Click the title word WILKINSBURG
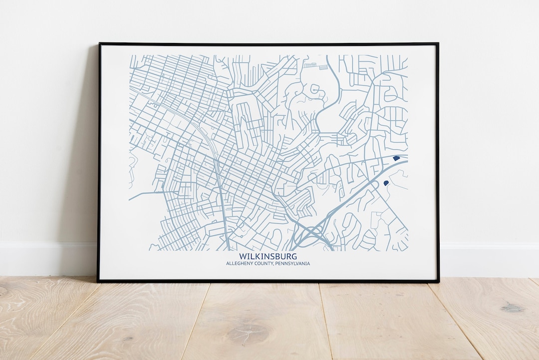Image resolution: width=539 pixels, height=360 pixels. [268, 257]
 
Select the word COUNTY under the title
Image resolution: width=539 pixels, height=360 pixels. [265, 264]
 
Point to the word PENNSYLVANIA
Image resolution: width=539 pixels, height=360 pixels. [292, 264]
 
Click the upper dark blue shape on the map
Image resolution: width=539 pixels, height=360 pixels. [396, 158]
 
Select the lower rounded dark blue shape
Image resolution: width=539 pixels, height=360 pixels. [386, 183]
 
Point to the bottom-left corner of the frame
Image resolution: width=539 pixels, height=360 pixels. [98, 281]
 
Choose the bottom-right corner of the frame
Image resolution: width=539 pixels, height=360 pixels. [438, 281]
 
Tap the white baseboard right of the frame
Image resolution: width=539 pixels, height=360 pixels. [489, 260]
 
